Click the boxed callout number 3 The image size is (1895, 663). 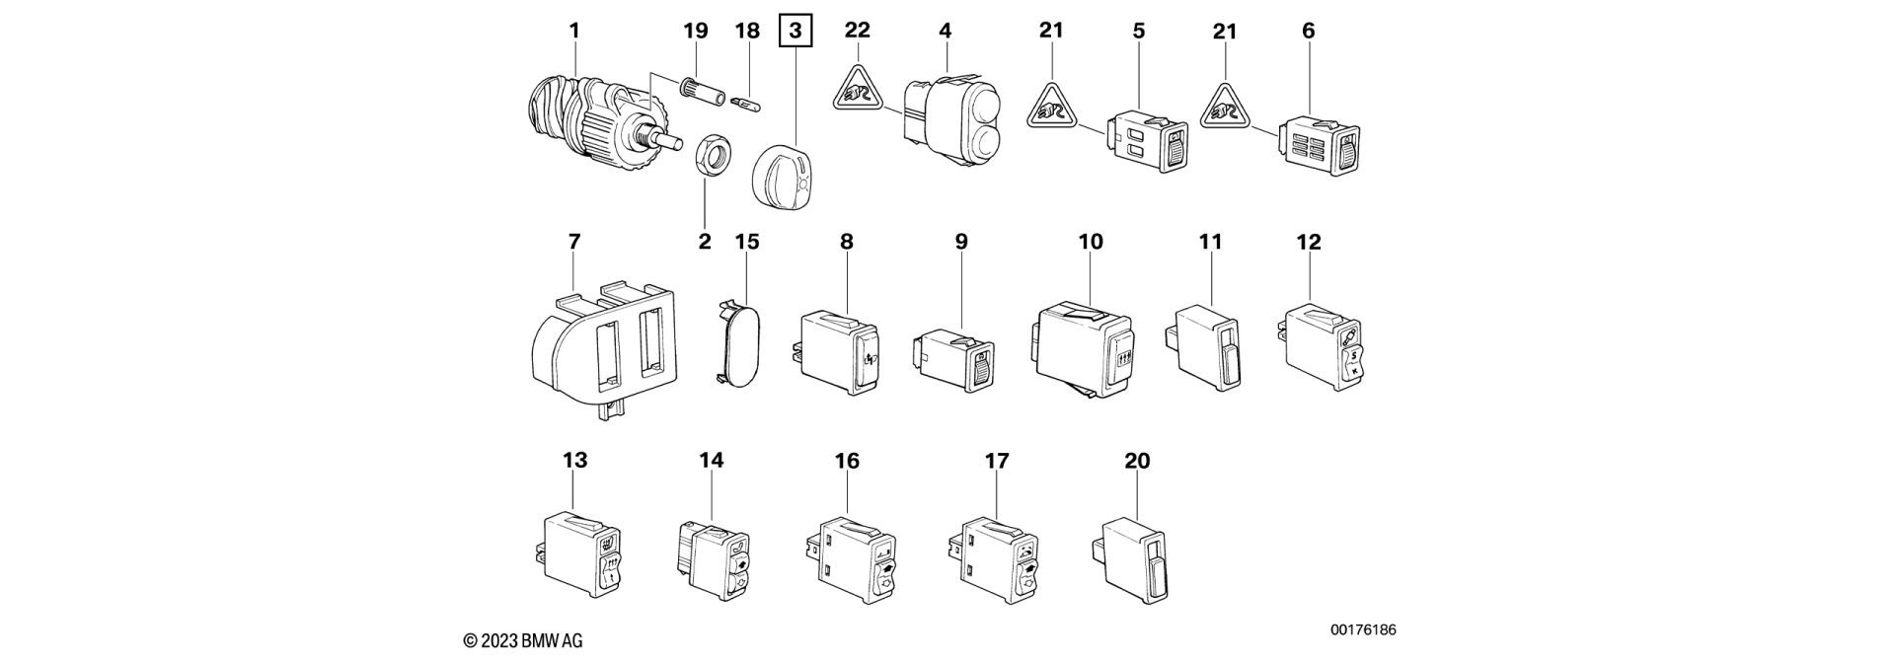coord(795,32)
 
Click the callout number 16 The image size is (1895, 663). coord(847,461)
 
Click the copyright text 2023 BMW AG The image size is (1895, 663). coord(529,639)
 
